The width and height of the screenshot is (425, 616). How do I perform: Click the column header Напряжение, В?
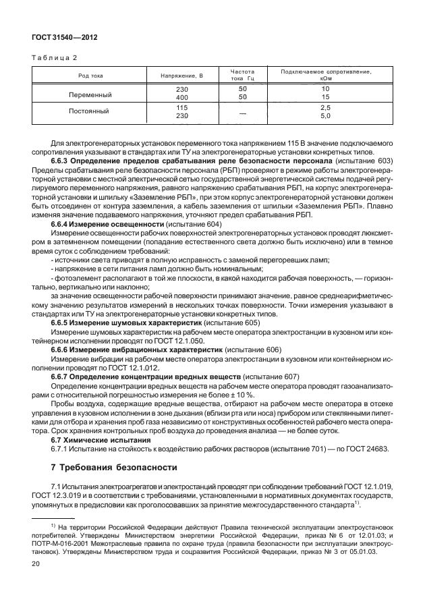(181, 76)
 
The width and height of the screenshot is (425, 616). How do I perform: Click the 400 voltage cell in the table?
(181, 98)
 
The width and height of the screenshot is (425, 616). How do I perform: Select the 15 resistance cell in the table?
(325, 98)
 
